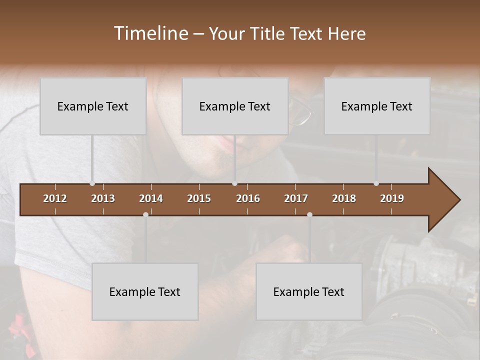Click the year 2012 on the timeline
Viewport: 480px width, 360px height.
(55, 198)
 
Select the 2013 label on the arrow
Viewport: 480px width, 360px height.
(103, 198)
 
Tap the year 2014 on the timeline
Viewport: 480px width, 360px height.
(151, 198)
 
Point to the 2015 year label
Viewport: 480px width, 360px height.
(199, 198)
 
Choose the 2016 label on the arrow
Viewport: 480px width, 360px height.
(248, 198)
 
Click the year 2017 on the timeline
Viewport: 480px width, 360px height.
(296, 198)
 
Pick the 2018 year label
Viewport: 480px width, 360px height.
(344, 198)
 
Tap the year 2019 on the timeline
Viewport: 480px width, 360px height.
(392, 198)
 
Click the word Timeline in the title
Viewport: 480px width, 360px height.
(150, 33)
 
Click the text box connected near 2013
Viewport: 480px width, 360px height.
(93, 106)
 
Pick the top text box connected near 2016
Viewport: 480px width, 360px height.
(235, 106)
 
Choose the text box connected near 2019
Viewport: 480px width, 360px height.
(377, 106)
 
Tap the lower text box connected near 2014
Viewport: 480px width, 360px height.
(145, 291)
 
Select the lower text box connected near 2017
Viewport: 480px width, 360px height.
(309, 291)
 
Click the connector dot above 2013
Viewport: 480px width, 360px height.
(92, 183)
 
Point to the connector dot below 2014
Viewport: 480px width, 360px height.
(145, 214)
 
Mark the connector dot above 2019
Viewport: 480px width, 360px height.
(376, 183)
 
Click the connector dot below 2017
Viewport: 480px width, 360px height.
(309, 214)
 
